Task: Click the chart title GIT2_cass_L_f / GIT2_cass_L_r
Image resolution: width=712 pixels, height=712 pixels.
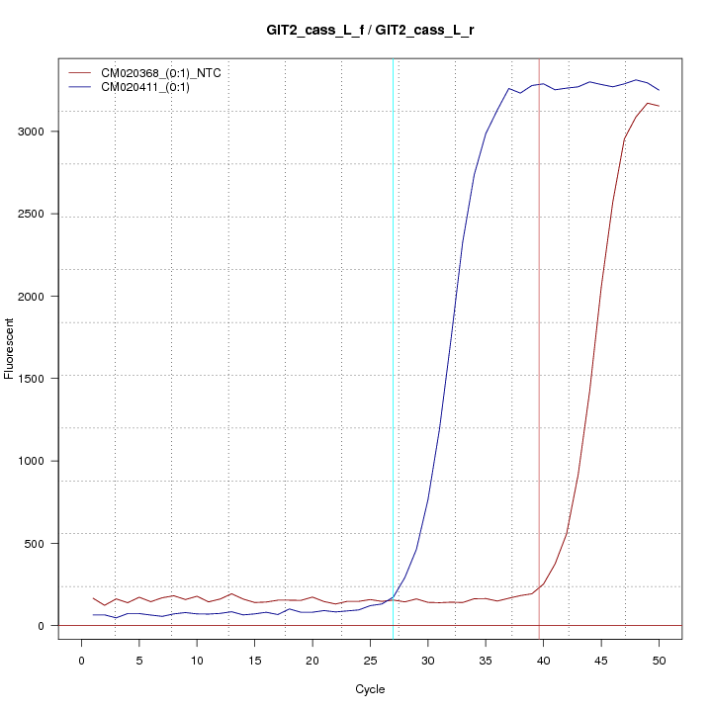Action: pyautogui.click(x=371, y=31)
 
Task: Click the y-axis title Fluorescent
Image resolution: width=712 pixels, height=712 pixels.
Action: pyautogui.click(x=11, y=348)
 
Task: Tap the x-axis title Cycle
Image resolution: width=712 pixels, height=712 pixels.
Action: pyautogui.click(x=370, y=689)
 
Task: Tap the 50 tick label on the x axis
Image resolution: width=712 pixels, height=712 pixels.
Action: pyautogui.click(x=659, y=660)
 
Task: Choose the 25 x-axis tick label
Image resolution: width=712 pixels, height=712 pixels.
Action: pyautogui.click(x=370, y=660)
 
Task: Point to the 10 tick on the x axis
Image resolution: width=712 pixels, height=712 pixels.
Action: pyautogui.click(x=197, y=660)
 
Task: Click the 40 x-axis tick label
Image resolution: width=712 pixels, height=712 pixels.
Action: pyautogui.click(x=543, y=660)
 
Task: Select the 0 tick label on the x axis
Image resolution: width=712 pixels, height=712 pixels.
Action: pyautogui.click(x=81, y=660)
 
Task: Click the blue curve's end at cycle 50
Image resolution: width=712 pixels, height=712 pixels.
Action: pyautogui.click(x=659, y=90)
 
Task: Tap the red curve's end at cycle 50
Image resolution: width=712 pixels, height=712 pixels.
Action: pyautogui.click(x=659, y=106)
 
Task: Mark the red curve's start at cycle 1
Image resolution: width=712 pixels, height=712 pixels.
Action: pyautogui.click(x=93, y=597)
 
